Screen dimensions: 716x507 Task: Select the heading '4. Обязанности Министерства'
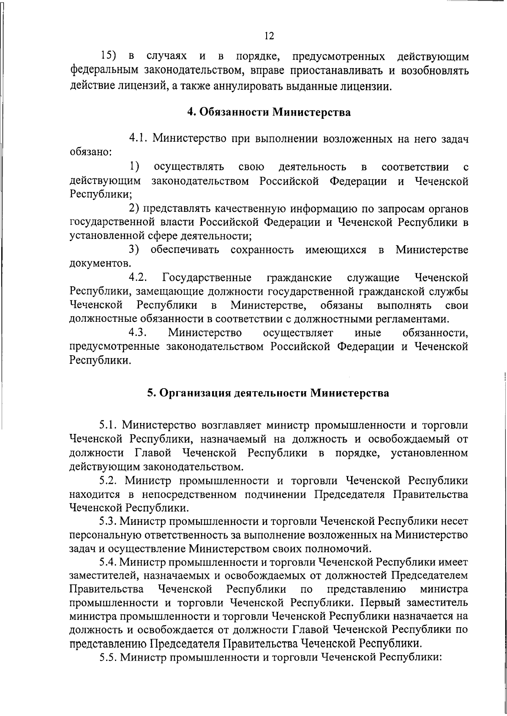tap(269, 112)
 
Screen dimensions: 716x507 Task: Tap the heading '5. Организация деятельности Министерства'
tap(268, 393)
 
